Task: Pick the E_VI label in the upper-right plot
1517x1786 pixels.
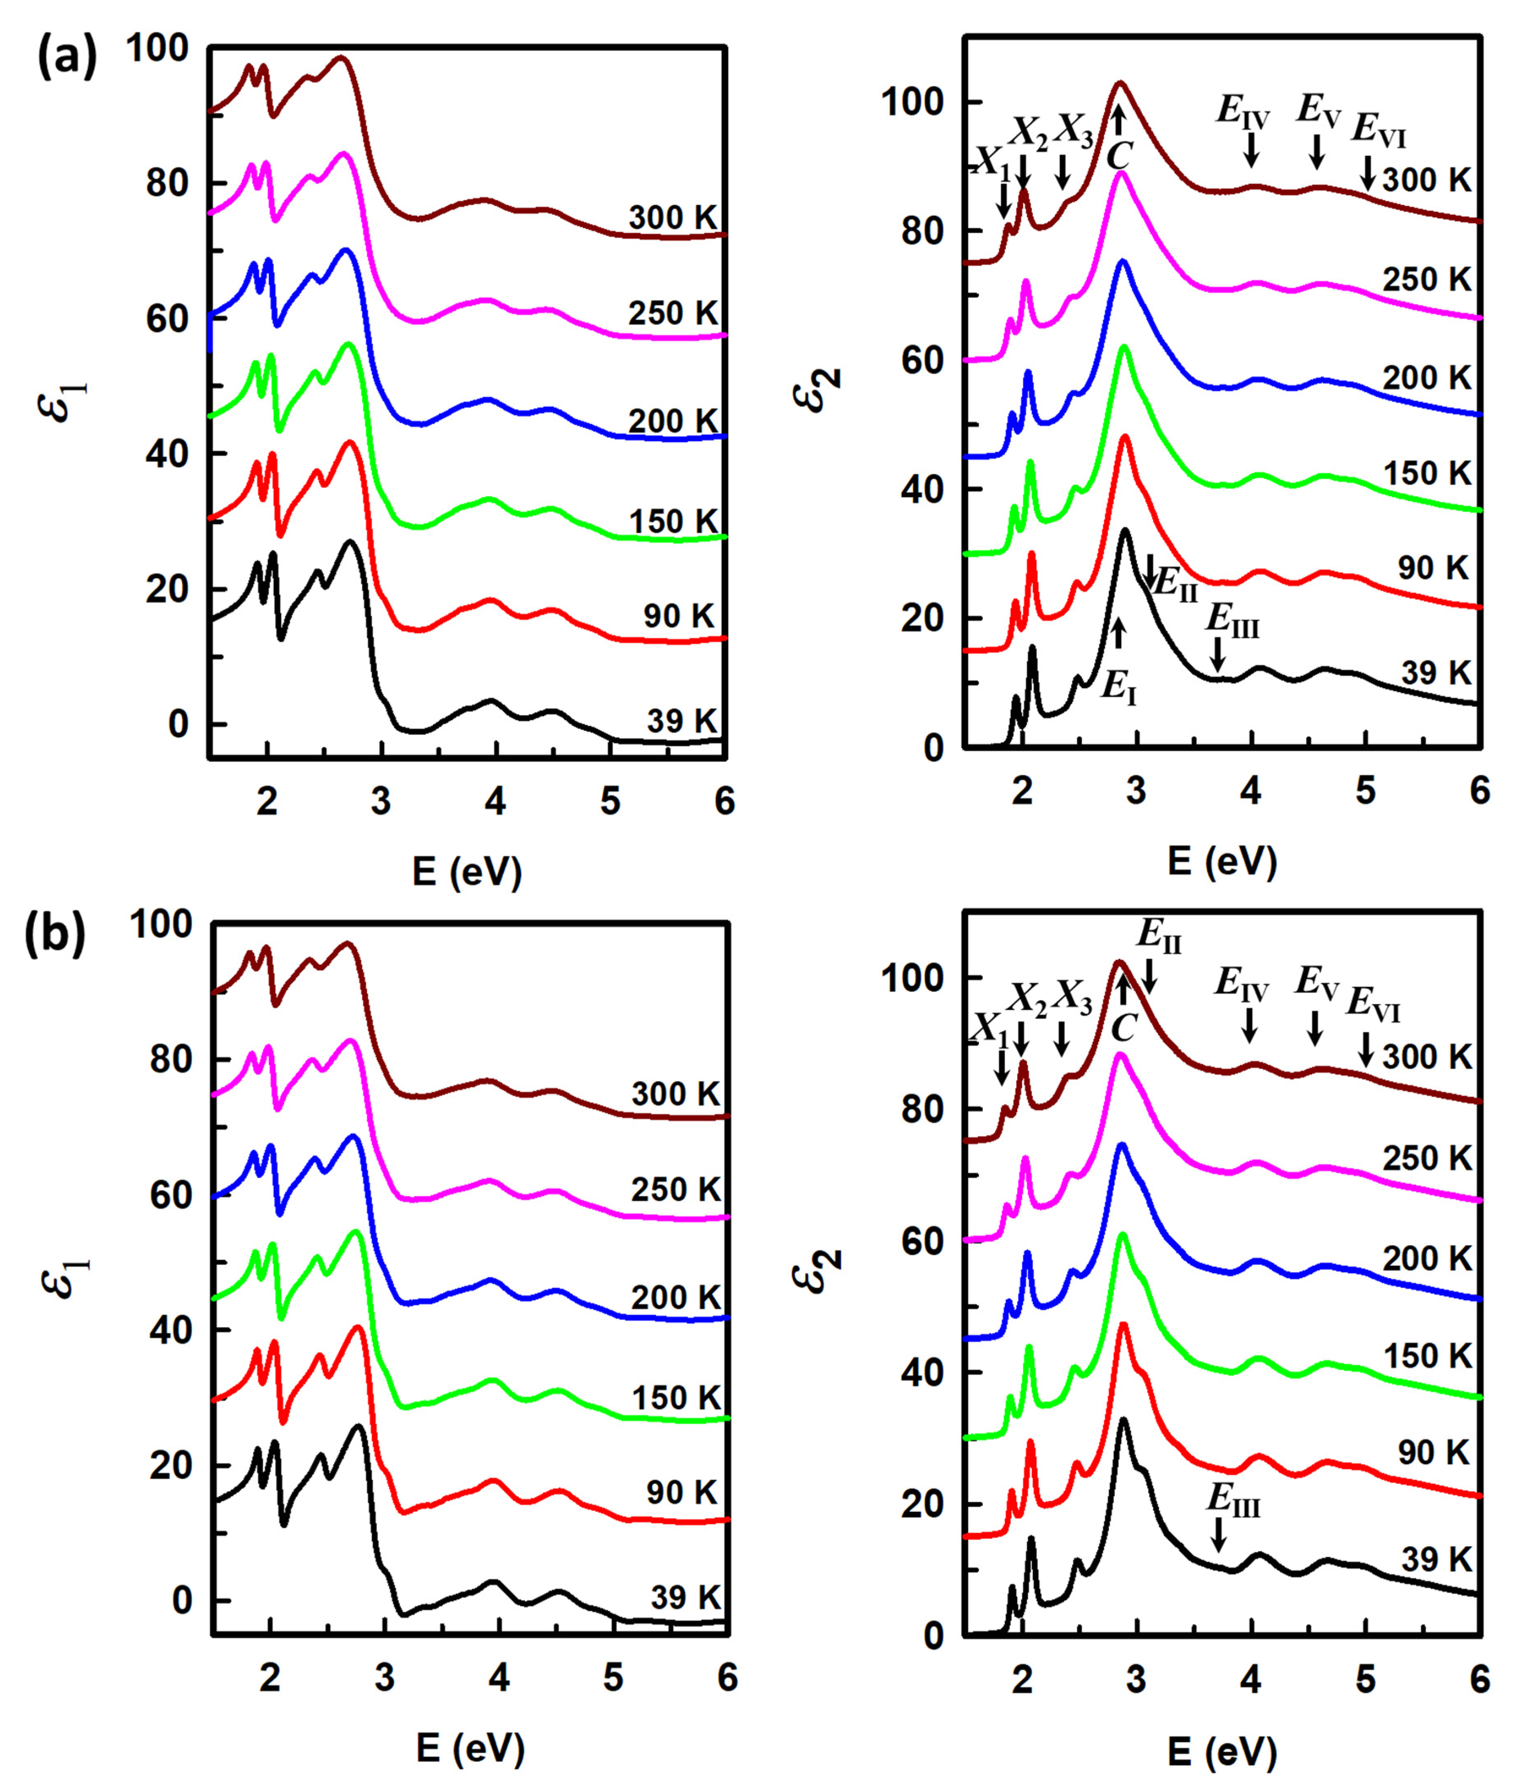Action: pos(1379,129)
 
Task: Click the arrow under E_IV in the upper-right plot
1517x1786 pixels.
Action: pos(1252,153)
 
